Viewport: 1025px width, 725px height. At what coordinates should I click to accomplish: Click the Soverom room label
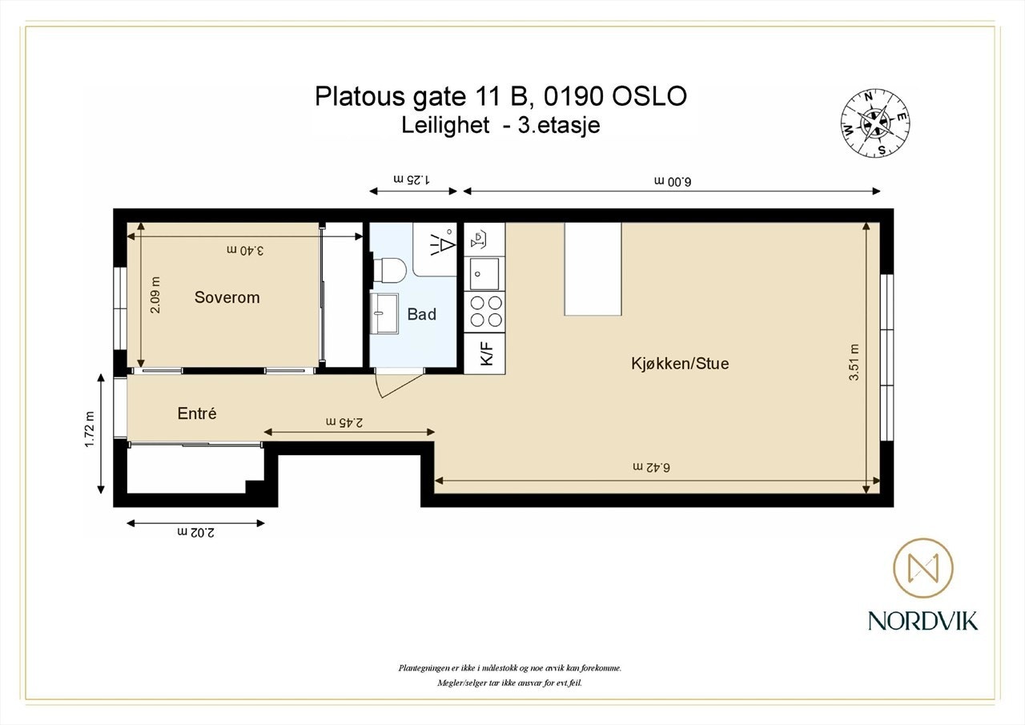[227, 297]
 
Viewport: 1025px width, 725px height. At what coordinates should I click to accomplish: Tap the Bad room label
[421, 314]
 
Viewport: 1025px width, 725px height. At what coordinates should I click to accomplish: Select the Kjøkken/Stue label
[679, 364]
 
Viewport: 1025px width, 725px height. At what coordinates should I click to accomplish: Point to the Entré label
[197, 414]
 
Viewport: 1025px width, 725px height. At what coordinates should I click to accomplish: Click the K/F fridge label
[485, 353]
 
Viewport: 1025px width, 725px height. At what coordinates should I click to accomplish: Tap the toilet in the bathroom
[389, 271]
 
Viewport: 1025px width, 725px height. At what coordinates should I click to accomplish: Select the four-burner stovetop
[485, 311]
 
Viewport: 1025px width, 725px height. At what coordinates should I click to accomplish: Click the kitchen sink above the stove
[484, 273]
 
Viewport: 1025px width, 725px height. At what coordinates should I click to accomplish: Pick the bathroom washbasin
[384, 312]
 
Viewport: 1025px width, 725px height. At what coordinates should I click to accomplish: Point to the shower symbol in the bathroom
[440, 242]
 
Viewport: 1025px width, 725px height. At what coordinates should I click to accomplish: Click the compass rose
[874, 123]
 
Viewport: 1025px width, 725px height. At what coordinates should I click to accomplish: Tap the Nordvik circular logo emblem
[922, 568]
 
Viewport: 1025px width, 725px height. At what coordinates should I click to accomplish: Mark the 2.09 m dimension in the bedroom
[155, 295]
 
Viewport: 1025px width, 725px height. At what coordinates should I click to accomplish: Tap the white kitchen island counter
[593, 269]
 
